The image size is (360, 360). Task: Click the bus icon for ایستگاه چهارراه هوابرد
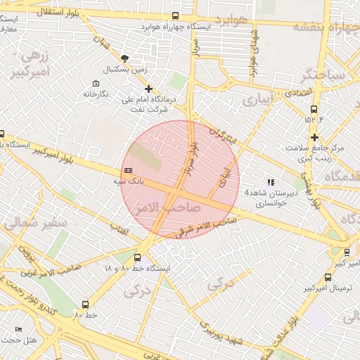coord(176,15)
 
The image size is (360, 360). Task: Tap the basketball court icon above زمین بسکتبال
coord(125,58)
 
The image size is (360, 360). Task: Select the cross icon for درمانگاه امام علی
coord(148,89)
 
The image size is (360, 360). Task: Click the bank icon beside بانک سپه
coord(128,170)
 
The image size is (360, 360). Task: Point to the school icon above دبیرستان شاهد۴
coord(271,182)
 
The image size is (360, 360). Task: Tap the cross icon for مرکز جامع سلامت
coord(315,137)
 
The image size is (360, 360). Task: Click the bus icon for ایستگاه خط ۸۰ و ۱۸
coord(137,257)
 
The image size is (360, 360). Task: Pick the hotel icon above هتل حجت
coord(19,329)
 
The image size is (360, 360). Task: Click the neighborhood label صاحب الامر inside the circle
coord(172,207)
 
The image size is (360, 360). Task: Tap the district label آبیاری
coord(256,101)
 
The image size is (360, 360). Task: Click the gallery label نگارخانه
coord(96,94)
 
